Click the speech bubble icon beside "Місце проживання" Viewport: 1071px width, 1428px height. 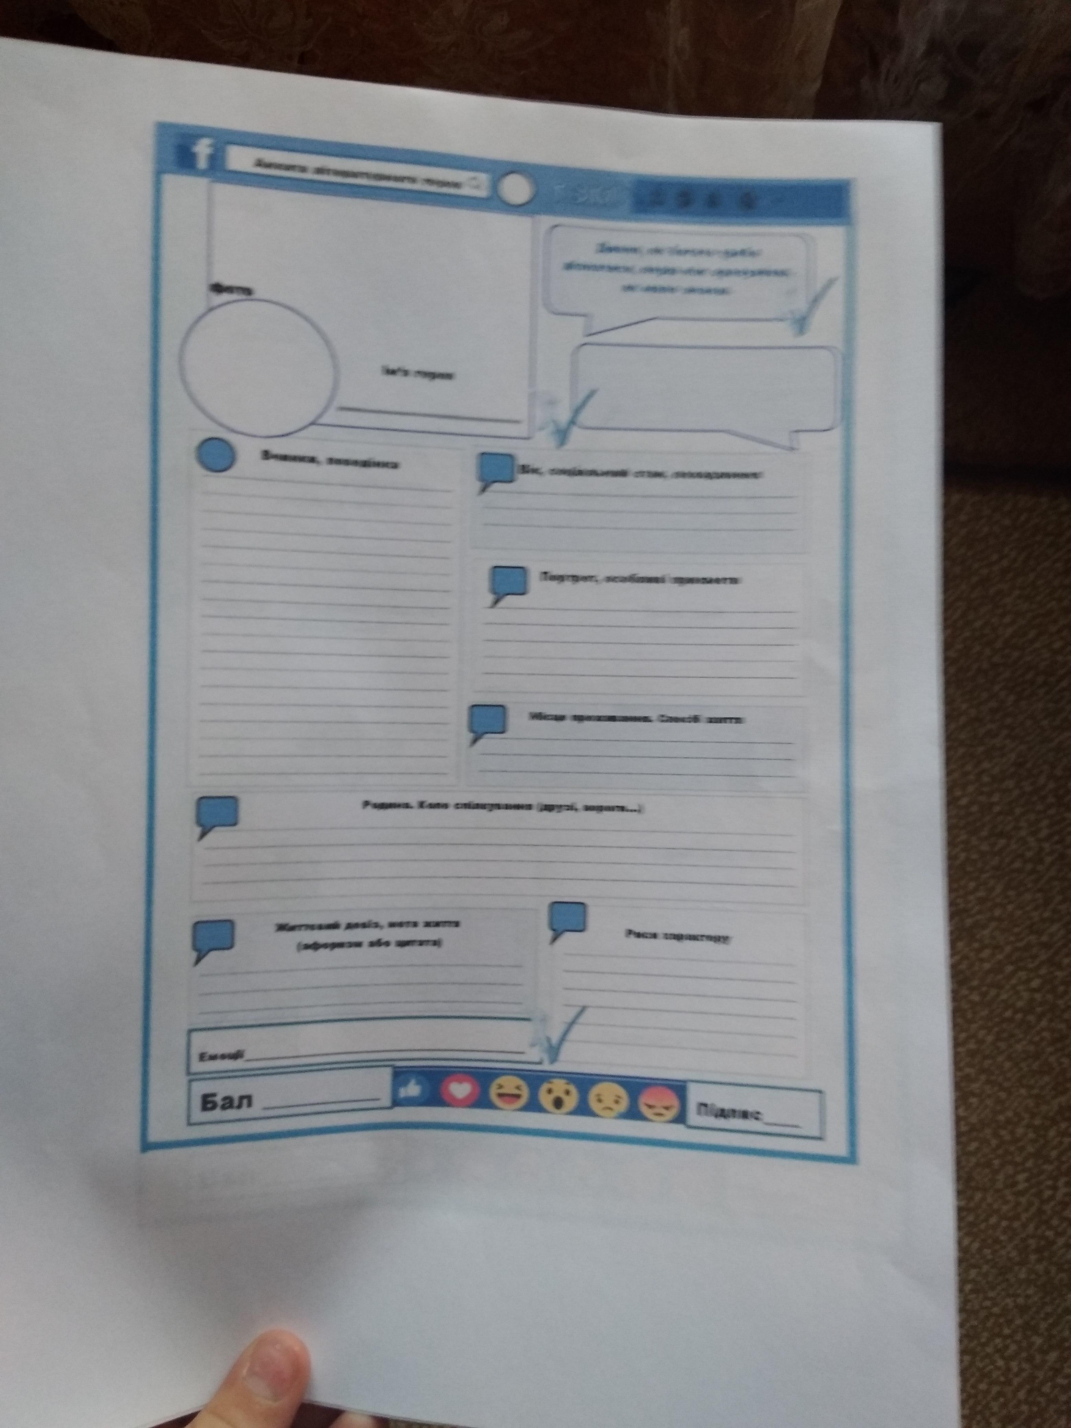tap(487, 721)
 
